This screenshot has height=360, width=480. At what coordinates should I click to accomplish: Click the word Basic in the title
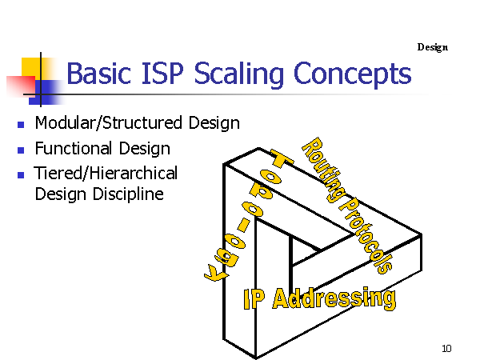pos(99,73)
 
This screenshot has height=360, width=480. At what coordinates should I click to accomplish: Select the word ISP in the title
pos(162,73)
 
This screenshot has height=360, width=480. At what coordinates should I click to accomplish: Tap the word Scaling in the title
pos(239,75)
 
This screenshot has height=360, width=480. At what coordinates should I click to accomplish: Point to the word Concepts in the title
pos(352,75)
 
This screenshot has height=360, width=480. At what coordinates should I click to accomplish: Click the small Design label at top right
pos(433,47)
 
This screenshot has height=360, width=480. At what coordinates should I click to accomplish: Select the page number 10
pos(446,348)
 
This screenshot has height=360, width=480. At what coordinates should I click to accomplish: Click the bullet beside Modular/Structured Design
pos(21,125)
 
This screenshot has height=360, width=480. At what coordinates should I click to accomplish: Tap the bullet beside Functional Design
pos(21,150)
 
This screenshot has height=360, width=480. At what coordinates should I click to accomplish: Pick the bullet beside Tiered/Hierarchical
pos(21,174)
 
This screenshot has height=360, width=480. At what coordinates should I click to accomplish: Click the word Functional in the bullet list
pos(73,148)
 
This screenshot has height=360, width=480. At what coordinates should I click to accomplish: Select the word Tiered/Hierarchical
pos(106,173)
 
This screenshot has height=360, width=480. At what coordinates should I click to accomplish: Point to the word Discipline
pos(128,194)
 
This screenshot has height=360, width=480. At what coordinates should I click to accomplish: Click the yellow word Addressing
pos(334,298)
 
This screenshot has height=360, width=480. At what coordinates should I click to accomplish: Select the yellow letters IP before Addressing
pos(254,299)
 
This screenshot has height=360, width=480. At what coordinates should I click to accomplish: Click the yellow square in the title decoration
pos(31,67)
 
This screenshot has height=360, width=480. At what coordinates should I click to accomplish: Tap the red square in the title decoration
pos(21,86)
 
